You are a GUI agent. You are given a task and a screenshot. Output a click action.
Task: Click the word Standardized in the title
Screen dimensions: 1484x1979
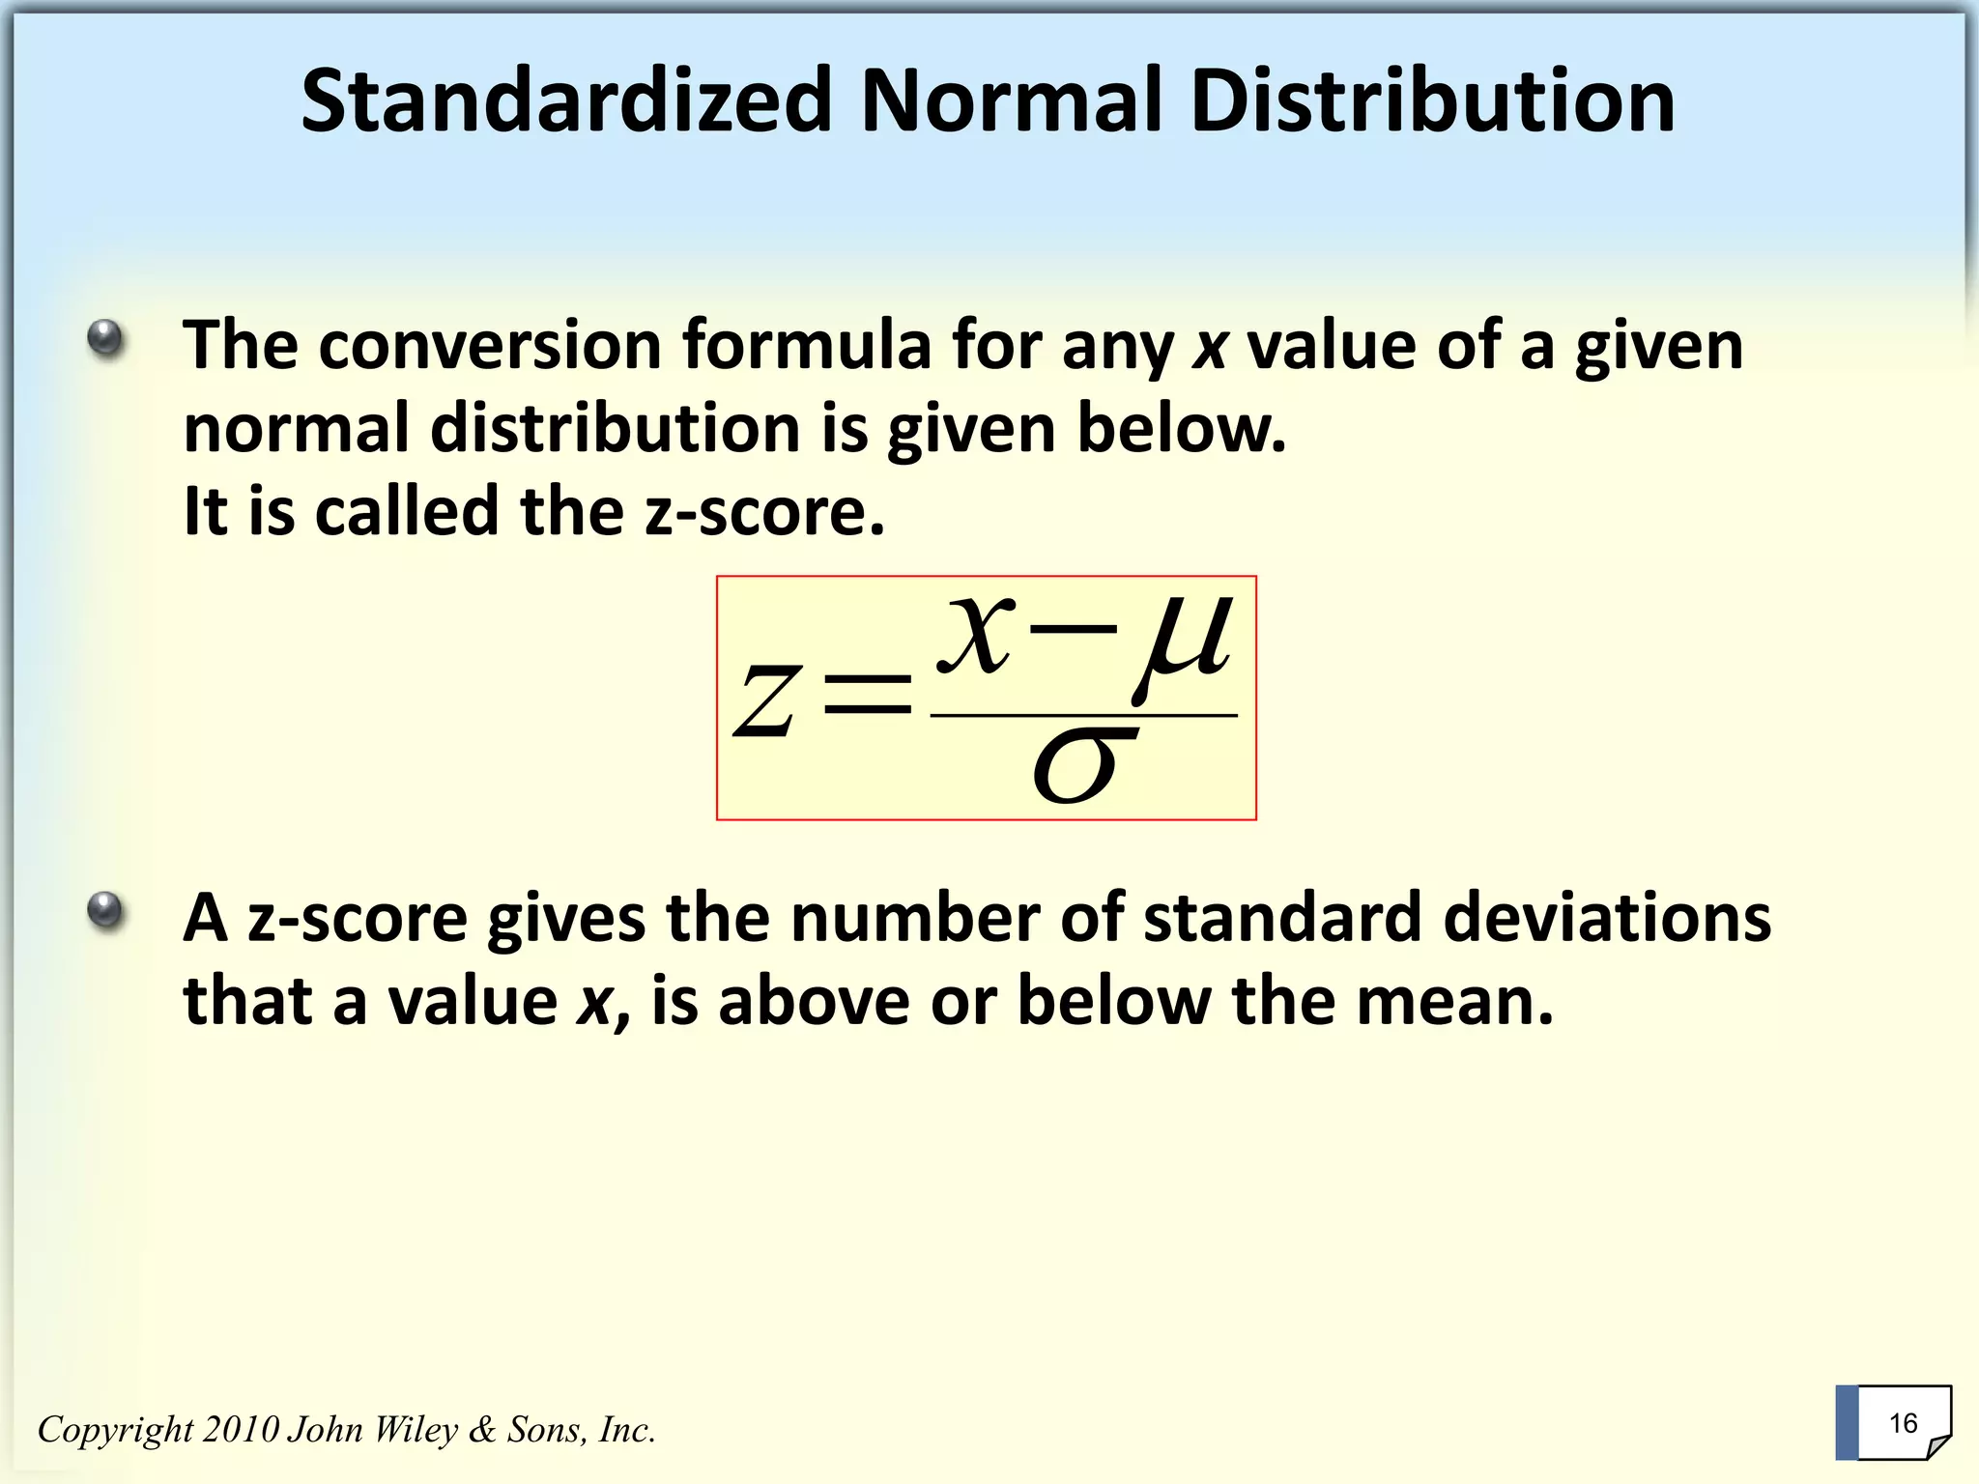coord(566,101)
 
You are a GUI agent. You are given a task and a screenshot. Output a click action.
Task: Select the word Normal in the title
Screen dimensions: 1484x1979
coord(1011,101)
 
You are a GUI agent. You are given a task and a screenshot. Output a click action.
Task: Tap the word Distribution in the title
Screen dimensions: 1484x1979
coord(1433,101)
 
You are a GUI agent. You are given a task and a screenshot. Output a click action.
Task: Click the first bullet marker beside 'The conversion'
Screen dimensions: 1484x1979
coord(105,339)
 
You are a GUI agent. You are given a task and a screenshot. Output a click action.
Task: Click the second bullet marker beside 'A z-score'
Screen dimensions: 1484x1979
coord(105,910)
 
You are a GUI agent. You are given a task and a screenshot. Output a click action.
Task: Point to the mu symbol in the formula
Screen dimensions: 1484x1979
coord(1186,645)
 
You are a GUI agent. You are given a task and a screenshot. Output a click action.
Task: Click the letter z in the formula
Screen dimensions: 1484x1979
coord(766,701)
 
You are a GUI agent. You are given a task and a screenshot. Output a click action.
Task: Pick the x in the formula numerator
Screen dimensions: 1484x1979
coord(977,635)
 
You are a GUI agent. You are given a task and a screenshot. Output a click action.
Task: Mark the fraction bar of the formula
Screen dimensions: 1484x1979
coord(1083,716)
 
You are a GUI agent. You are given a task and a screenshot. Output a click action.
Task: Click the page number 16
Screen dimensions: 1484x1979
coord(1903,1423)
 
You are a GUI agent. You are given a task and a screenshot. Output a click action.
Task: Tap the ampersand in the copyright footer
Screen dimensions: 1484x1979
coord(482,1429)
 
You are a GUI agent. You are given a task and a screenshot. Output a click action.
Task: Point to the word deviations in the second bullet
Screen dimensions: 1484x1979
coord(1606,917)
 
